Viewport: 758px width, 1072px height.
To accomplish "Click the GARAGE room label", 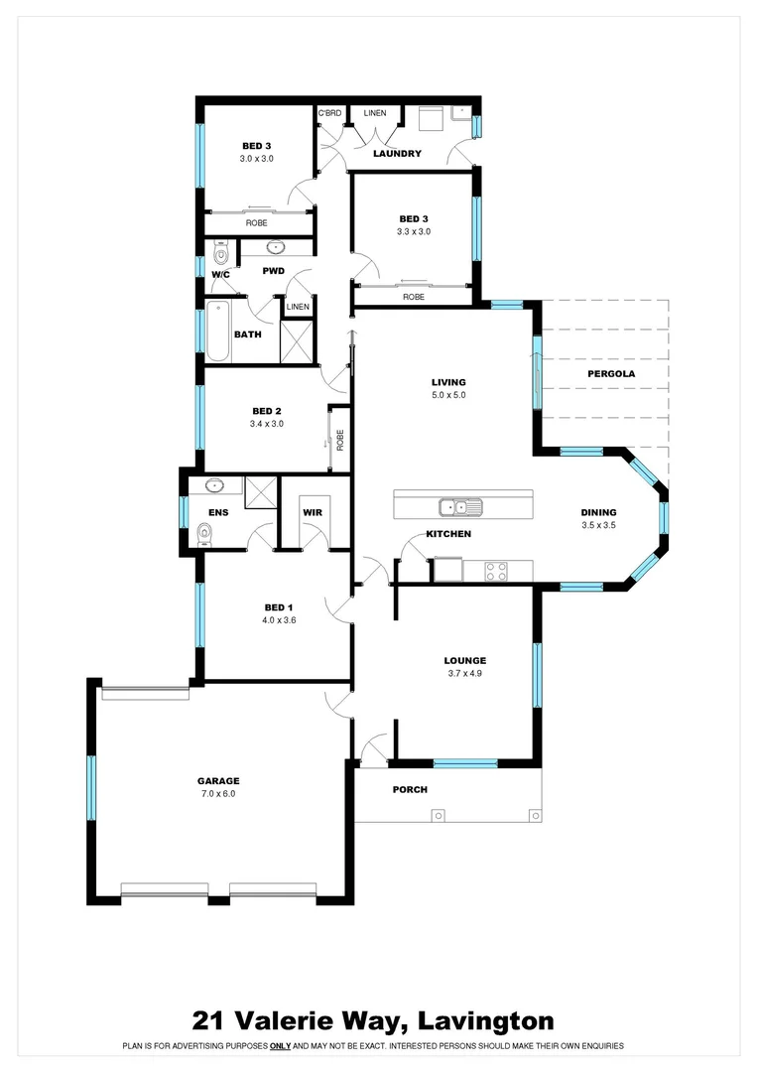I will coord(218,780).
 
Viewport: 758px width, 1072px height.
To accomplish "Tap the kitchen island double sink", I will coord(462,507).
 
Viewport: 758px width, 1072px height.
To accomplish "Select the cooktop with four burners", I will coord(496,571).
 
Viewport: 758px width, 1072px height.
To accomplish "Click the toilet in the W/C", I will coord(220,254).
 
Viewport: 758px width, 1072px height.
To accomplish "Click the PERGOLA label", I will coord(611,374).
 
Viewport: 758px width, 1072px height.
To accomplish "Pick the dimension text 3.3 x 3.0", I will coord(415,231).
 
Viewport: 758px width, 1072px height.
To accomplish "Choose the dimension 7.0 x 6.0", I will coord(218,793).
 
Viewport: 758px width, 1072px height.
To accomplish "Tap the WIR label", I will coord(313,513).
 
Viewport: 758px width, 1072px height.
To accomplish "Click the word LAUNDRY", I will coord(397,154).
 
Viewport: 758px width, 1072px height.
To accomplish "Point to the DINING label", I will coord(599,513).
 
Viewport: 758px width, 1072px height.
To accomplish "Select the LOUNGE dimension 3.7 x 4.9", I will coord(464,673).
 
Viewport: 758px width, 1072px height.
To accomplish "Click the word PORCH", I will coord(410,790).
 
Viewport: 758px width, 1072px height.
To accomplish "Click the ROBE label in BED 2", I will coord(340,438).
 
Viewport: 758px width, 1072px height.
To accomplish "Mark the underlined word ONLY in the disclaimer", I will coord(280,1046).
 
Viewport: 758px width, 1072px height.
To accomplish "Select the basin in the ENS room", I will coord(214,486).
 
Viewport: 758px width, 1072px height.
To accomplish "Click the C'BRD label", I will coord(329,113).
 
